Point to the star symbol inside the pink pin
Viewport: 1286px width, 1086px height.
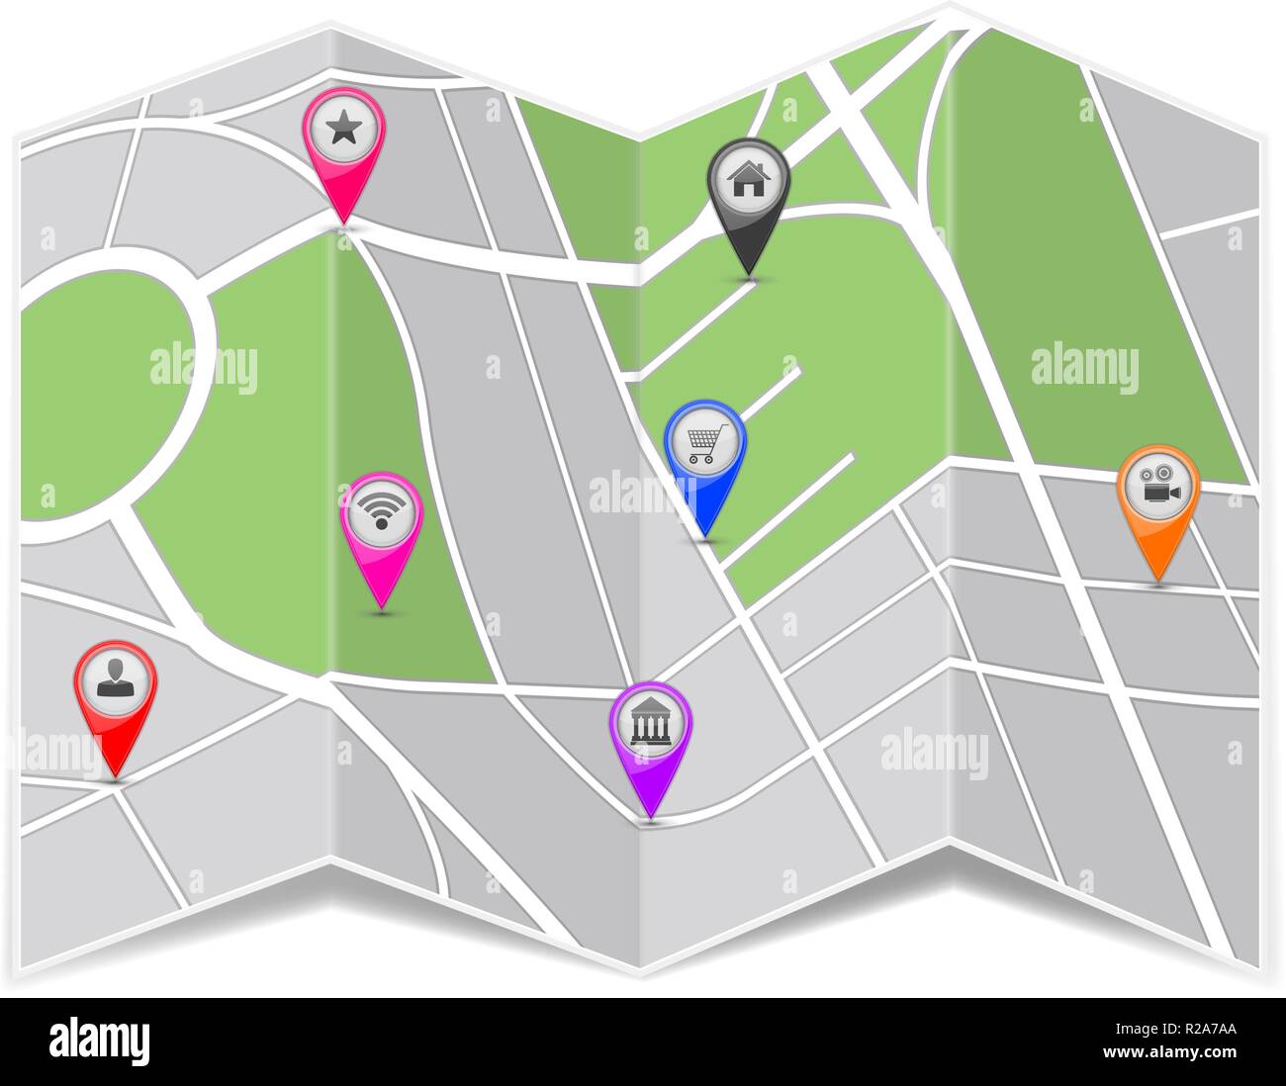[342, 128]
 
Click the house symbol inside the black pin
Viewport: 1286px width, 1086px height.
[749, 179]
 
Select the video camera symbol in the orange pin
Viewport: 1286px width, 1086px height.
[1158, 486]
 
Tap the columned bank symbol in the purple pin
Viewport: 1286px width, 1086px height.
[650, 723]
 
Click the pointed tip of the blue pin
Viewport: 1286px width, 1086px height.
[705, 536]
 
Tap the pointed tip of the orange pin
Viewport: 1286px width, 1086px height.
[1157, 581]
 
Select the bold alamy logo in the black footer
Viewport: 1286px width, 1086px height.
[100, 1041]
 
